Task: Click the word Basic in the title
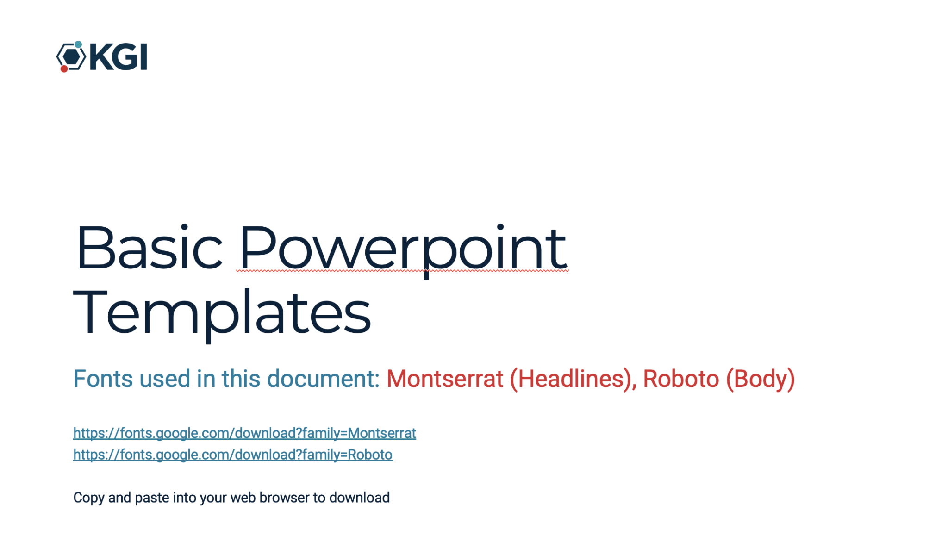[149, 247]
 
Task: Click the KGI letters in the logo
[118, 57]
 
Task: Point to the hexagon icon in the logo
[71, 57]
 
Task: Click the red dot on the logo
[64, 69]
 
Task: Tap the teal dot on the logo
[78, 44]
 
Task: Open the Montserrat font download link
[244, 433]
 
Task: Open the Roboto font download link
[233, 455]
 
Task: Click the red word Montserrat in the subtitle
[445, 379]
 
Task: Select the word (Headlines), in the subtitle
[573, 379]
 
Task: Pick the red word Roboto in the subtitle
[681, 379]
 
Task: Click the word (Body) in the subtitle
[760, 379]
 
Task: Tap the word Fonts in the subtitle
[103, 379]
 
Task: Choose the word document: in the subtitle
[324, 379]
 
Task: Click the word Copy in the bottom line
[88, 498]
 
